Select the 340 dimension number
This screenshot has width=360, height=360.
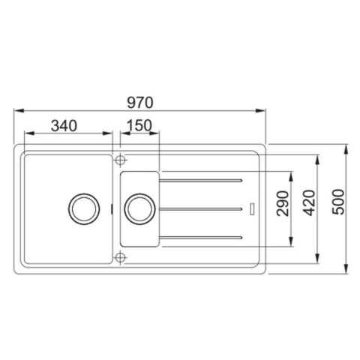pyautogui.click(x=64, y=124)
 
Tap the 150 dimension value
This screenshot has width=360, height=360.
pyautogui.click(x=140, y=124)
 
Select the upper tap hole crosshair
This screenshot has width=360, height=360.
pyautogui.click(x=118, y=159)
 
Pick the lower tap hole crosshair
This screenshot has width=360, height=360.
pyautogui.click(x=118, y=257)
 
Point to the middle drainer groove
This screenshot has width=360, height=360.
pyautogui.click(x=201, y=208)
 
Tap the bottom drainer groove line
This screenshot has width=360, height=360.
pyautogui.click(x=201, y=236)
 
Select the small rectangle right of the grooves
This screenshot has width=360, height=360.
pyautogui.click(x=253, y=208)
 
